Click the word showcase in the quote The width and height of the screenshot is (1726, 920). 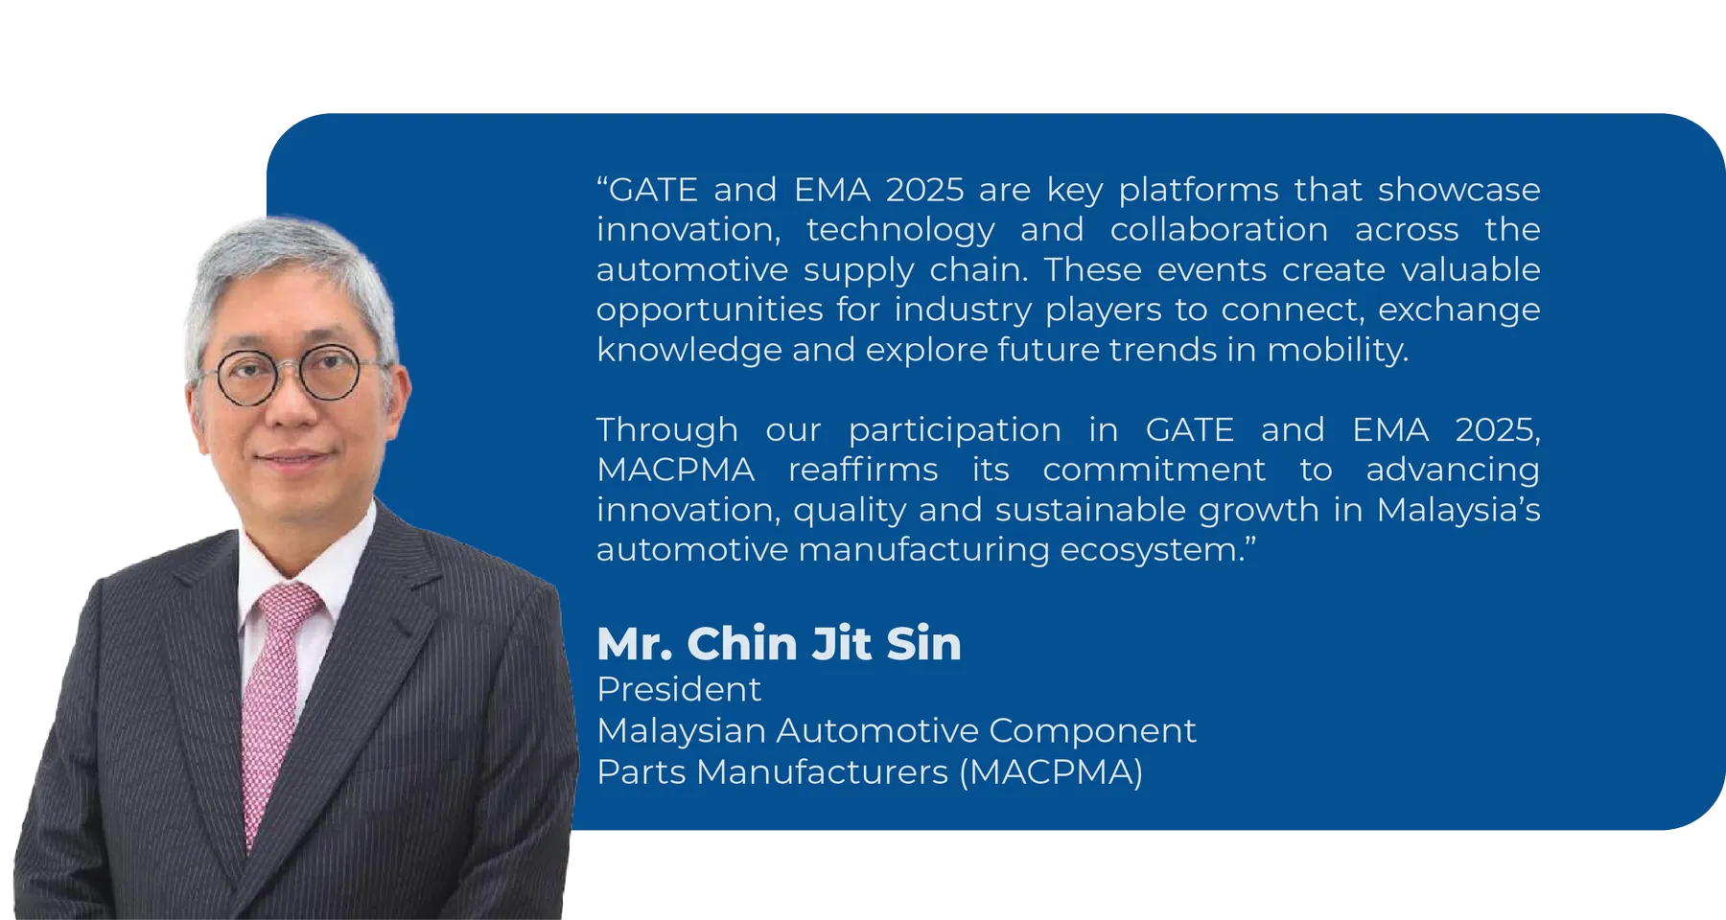pyautogui.click(x=1458, y=190)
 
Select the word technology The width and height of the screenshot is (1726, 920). pyautogui.click(x=900, y=230)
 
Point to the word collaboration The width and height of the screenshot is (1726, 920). pyautogui.click(x=1219, y=230)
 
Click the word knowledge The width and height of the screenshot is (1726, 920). pyautogui.click(x=688, y=350)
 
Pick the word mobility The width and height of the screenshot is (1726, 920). pyautogui.click(x=1338, y=350)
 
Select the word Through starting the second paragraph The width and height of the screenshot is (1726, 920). pyautogui.click(x=667, y=429)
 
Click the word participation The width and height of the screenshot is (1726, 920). pyautogui.click(x=954, y=430)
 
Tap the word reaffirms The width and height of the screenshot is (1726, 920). pyautogui.click(x=863, y=470)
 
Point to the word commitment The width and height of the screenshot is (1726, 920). pyautogui.click(x=1154, y=470)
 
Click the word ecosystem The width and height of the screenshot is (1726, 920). pyautogui.click(x=1151, y=550)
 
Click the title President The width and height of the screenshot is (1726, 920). pyautogui.click(x=679, y=689)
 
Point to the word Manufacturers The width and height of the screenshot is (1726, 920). pyautogui.click(x=822, y=771)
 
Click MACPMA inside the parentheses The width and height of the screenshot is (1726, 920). pyautogui.click(x=1051, y=771)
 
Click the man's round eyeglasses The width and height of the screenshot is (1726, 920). pyautogui.click(x=289, y=375)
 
